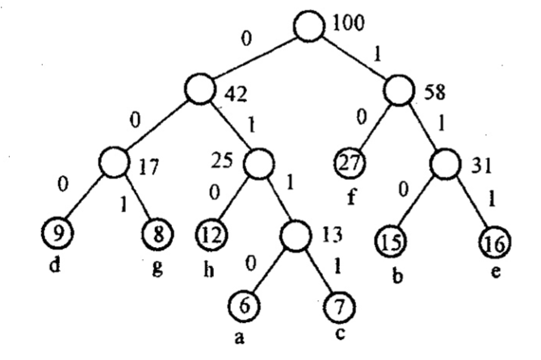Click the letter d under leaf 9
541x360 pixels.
click(x=55, y=265)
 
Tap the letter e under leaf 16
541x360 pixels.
click(x=494, y=270)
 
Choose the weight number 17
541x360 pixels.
click(x=146, y=170)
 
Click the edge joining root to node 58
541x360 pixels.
click(x=353, y=57)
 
